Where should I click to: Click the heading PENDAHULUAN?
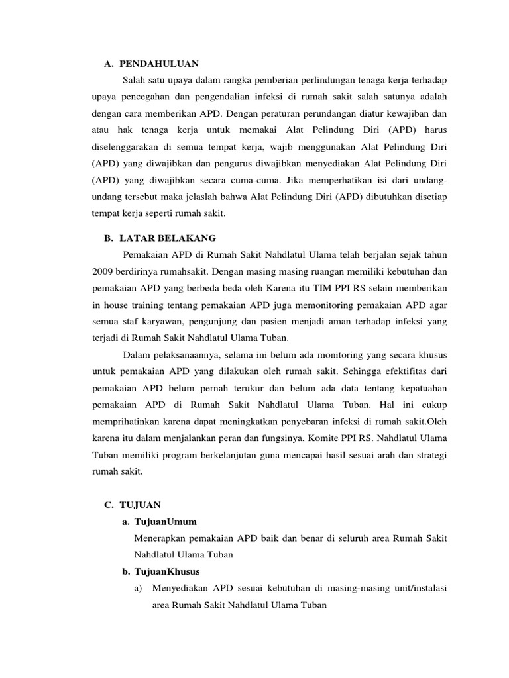pyautogui.click(x=159, y=64)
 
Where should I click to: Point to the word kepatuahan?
pyautogui.click(x=421, y=388)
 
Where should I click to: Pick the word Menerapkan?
pyautogui.click(x=163, y=539)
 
